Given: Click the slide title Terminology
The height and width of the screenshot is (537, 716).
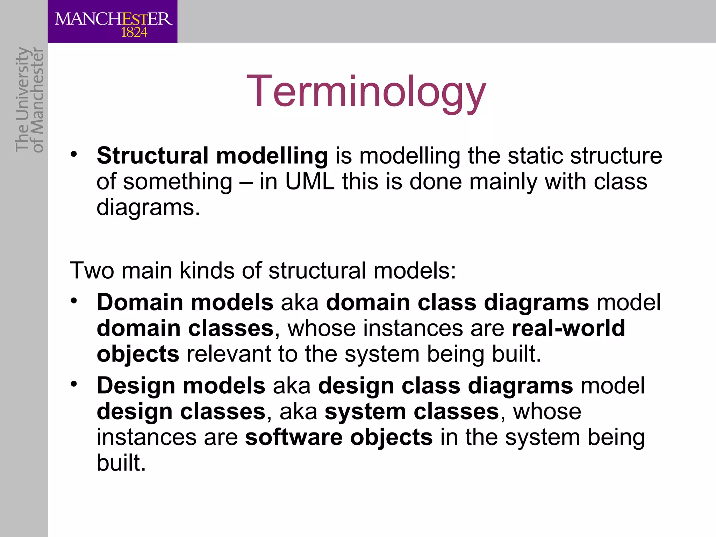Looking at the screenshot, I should (366, 92).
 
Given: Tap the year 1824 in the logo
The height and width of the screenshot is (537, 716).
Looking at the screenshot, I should (134, 33).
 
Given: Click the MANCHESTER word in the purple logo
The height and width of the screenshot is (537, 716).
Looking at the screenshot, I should (113, 19).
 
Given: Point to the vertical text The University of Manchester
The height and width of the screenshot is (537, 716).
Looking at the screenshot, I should (29, 100).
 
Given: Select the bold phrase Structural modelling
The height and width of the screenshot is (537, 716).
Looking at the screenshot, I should (212, 156).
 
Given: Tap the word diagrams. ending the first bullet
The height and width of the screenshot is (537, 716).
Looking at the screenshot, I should (148, 207).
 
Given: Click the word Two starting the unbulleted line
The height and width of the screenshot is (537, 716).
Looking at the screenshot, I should (92, 271).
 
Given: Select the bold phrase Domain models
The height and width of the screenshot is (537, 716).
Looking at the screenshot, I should (185, 302).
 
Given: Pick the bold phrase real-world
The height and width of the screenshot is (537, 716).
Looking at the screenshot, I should (568, 328).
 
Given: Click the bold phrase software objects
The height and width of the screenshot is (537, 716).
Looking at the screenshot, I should (338, 437).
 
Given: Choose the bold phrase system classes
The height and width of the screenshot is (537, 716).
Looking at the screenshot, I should (412, 411).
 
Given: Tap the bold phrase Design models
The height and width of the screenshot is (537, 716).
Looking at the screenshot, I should (181, 386).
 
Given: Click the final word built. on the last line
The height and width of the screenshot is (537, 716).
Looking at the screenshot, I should (121, 463).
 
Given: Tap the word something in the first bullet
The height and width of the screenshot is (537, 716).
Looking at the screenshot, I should (178, 182).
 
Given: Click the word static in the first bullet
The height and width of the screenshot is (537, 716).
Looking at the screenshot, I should (535, 156).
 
